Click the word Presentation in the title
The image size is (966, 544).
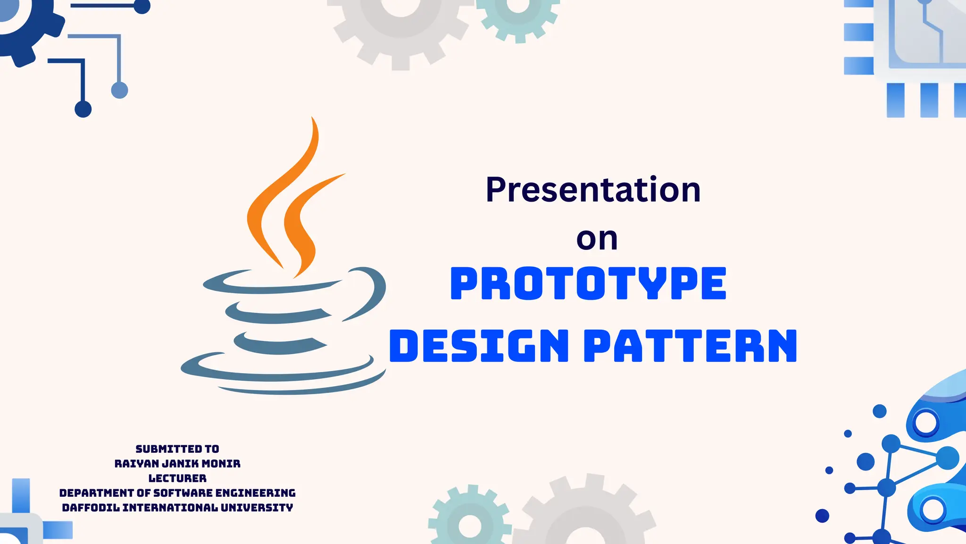[593, 190]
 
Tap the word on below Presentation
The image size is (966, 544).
[597, 239]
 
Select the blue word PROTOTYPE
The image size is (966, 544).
[588, 283]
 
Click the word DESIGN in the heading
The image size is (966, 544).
[479, 346]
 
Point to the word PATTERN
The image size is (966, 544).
[690, 346]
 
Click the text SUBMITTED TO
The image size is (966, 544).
[177, 449]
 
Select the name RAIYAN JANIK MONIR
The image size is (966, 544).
[177, 464]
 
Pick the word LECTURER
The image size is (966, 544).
[177, 478]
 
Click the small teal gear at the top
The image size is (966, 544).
[517, 14]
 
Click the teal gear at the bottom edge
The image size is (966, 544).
[469, 519]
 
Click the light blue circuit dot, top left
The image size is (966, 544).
[119, 90]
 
